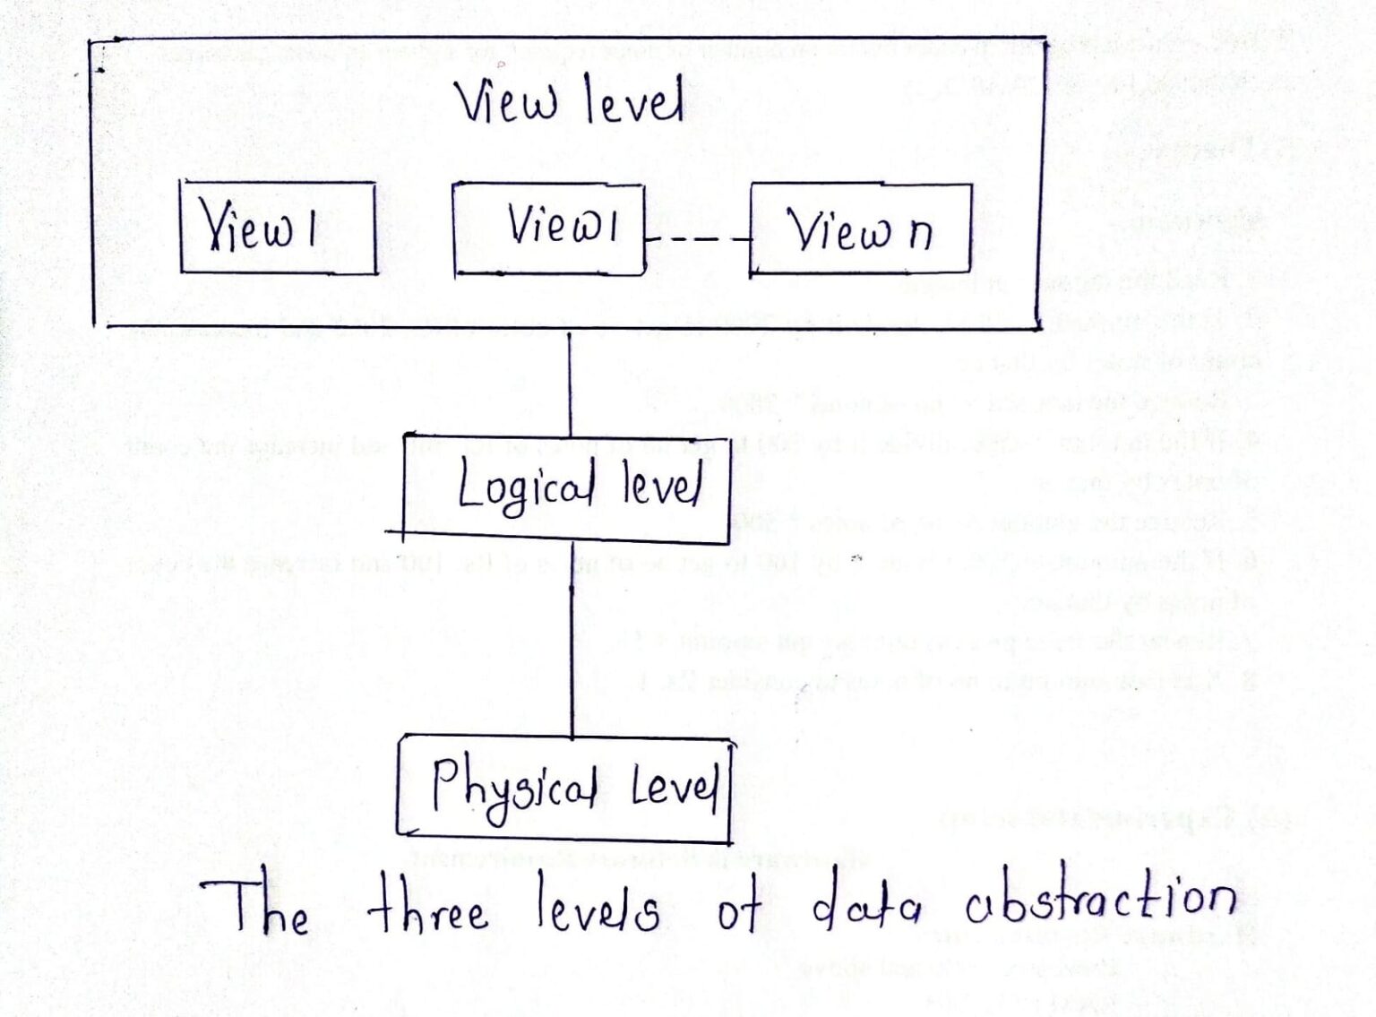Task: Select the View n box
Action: pyautogui.click(x=860, y=228)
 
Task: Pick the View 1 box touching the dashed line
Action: pyautogui.click(x=548, y=228)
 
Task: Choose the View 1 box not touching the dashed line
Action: pyautogui.click(x=278, y=228)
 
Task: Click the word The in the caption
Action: pyautogui.click(x=256, y=908)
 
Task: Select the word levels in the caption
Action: pyautogui.click(x=598, y=907)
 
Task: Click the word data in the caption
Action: pyautogui.click(x=865, y=907)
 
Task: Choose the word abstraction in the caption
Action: pyautogui.click(x=1101, y=900)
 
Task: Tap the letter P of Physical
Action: pyautogui.click(x=445, y=781)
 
